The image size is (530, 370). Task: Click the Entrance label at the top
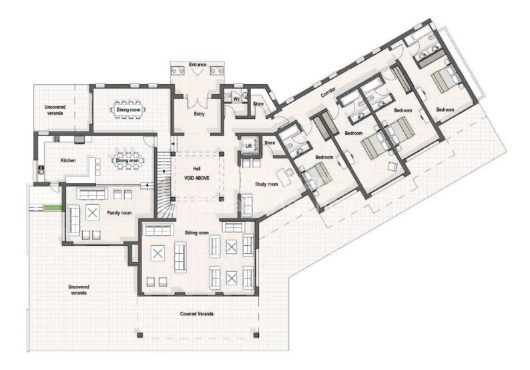(x=198, y=64)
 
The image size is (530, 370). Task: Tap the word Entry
(x=198, y=113)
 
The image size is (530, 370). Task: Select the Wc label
(x=236, y=99)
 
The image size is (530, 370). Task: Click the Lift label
(x=248, y=145)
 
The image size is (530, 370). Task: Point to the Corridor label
(x=328, y=94)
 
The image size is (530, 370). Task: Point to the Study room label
(x=267, y=185)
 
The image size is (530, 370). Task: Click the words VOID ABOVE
(x=198, y=178)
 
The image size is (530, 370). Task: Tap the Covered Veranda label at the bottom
(x=198, y=313)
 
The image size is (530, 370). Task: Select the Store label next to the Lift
(x=270, y=143)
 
